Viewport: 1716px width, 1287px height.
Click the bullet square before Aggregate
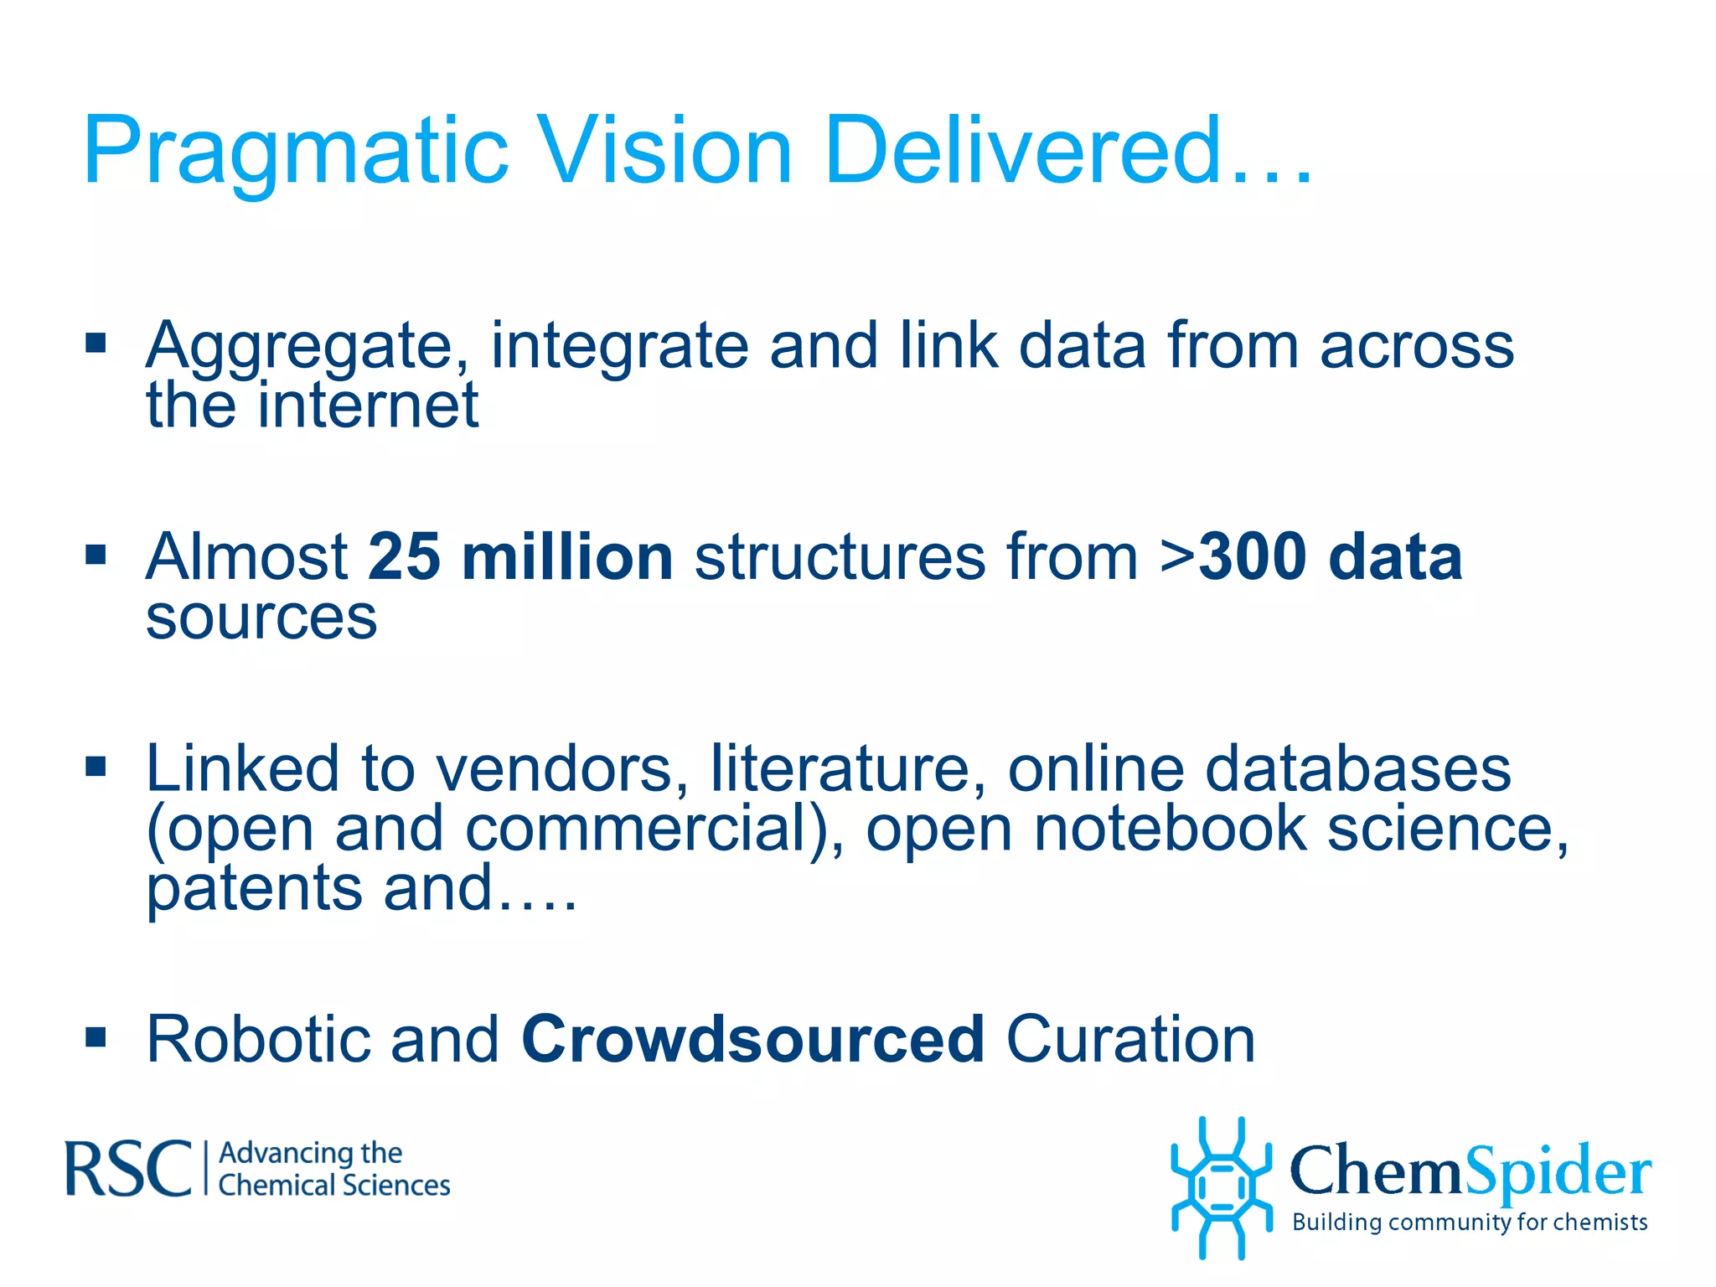[96, 343]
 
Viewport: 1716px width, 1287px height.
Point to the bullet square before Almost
[96, 555]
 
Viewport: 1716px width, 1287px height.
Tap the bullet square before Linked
[96, 766]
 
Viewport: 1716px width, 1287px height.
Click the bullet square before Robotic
[96, 1037]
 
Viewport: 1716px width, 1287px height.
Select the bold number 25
[404, 556]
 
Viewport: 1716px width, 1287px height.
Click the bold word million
[567, 556]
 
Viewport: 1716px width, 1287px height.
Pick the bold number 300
[1253, 556]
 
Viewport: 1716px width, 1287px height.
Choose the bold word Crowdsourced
[752, 1039]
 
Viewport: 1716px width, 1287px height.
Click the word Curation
[1130, 1039]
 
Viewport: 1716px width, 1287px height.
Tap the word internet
[368, 406]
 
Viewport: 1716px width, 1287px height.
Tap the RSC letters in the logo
[128, 1168]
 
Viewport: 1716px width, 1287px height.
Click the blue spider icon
[1221, 1187]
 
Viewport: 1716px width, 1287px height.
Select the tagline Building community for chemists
[1470, 1222]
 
